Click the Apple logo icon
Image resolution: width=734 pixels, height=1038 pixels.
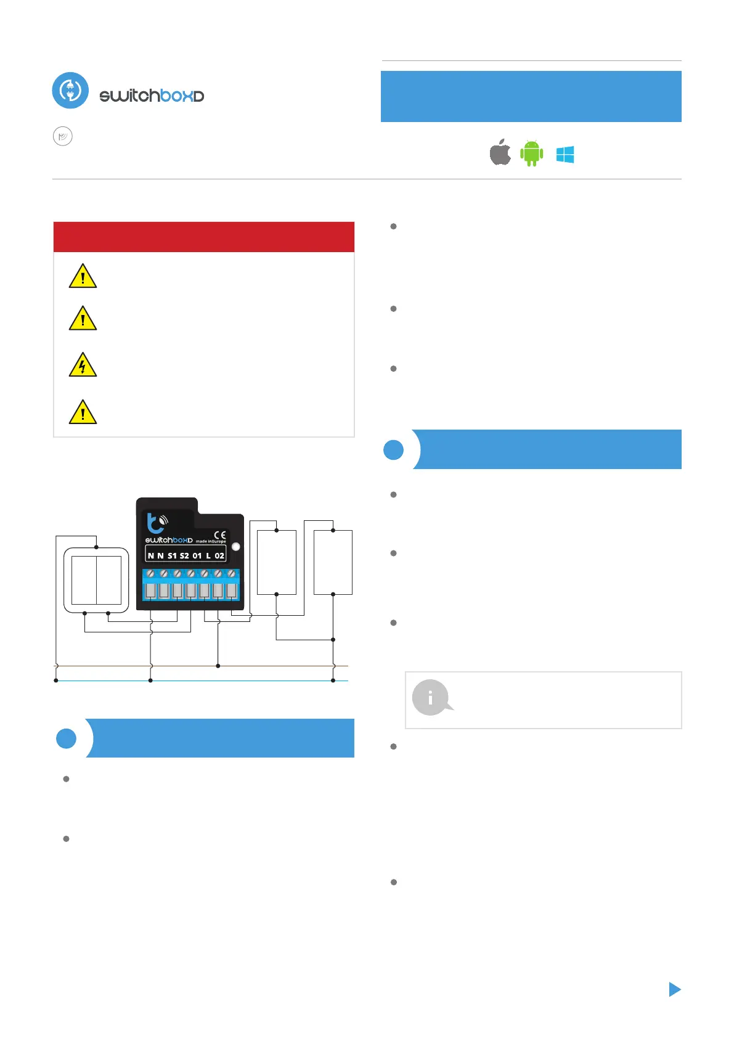tap(500, 153)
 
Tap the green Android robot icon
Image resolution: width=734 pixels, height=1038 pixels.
tap(531, 153)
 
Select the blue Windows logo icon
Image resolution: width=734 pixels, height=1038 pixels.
tap(565, 155)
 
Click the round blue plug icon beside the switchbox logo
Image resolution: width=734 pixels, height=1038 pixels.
tap(70, 91)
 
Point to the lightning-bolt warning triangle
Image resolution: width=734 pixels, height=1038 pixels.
tap(83, 365)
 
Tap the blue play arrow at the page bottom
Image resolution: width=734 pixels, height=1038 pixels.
tap(675, 989)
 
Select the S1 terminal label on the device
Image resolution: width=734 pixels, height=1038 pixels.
tap(172, 555)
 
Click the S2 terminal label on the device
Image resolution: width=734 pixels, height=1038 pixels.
tap(184, 555)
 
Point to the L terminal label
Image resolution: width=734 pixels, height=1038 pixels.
tap(208, 555)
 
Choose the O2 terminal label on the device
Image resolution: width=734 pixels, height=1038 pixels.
tap(219, 555)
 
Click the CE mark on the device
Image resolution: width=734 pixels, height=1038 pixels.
tap(220, 535)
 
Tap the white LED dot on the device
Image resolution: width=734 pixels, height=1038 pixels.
tap(235, 547)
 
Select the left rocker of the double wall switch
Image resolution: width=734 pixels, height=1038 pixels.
tap(84, 580)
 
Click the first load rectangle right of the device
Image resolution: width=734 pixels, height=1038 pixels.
tap(276, 562)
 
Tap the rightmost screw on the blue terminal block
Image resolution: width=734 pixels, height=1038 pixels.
tap(232, 574)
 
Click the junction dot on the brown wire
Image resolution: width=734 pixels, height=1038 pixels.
tap(218, 666)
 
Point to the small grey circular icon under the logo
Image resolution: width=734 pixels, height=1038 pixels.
tap(63, 136)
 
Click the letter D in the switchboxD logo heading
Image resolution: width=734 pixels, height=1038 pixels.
tap(198, 97)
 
